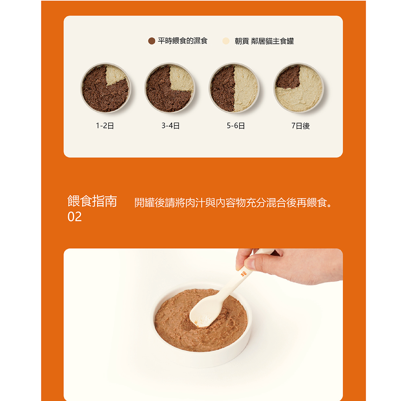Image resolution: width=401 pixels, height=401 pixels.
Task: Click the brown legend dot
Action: [x=152, y=41]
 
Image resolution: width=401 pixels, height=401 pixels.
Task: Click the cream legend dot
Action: [x=226, y=41]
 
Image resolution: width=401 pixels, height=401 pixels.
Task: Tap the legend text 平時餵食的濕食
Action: [x=182, y=41]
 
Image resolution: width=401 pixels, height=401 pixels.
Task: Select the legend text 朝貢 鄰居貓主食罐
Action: [x=264, y=41]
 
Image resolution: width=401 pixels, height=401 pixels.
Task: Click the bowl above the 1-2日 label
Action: [x=105, y=88]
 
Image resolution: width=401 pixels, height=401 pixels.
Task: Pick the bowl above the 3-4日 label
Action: [x=170, y=88]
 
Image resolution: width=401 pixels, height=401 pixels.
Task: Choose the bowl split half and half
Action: [x=234, y=88]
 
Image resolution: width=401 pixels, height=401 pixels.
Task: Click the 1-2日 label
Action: [x=105, y=126]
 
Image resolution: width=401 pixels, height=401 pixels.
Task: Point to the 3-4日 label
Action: [x=170, y=126]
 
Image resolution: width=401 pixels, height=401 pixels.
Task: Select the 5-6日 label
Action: [x=236, y=126]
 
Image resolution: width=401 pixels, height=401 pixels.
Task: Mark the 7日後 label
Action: [x=300, y=126]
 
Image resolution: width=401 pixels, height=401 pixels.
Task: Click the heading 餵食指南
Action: [x=92, y=201]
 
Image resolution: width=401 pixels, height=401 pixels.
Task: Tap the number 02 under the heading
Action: [x=75, y=217]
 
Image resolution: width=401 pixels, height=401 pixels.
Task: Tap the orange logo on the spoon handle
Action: [x=243, y=273]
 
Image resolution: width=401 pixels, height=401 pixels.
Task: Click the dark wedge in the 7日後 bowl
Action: [x=289, y=77]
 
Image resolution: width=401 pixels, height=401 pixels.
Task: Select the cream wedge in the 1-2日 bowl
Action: [x=115, y=75]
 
